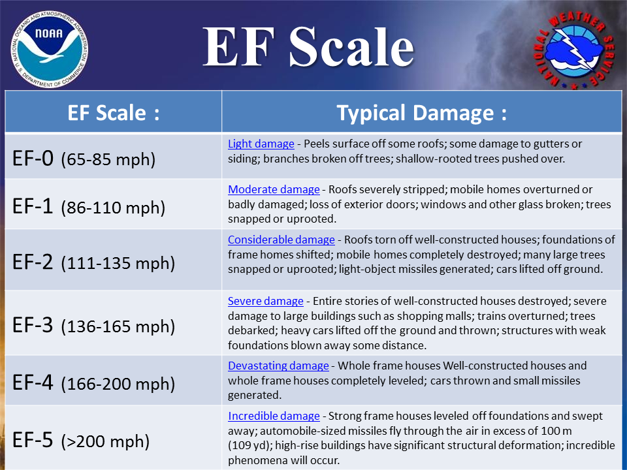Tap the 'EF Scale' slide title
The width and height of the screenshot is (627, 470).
coord(308,47)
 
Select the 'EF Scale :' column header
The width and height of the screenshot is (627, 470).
coord(114,112)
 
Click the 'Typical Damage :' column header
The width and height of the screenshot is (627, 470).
coord(421,112)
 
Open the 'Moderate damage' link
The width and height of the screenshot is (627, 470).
coord(274,189)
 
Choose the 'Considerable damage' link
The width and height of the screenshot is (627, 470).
coord(281,240)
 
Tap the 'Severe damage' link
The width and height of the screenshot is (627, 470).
coord(265,301)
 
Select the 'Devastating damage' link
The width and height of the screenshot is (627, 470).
coord(278,366)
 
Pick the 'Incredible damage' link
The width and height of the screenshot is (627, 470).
coord(274,416)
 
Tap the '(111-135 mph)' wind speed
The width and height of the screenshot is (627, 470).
coord(118,263)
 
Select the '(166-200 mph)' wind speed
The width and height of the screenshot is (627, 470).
coord(118,384)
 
